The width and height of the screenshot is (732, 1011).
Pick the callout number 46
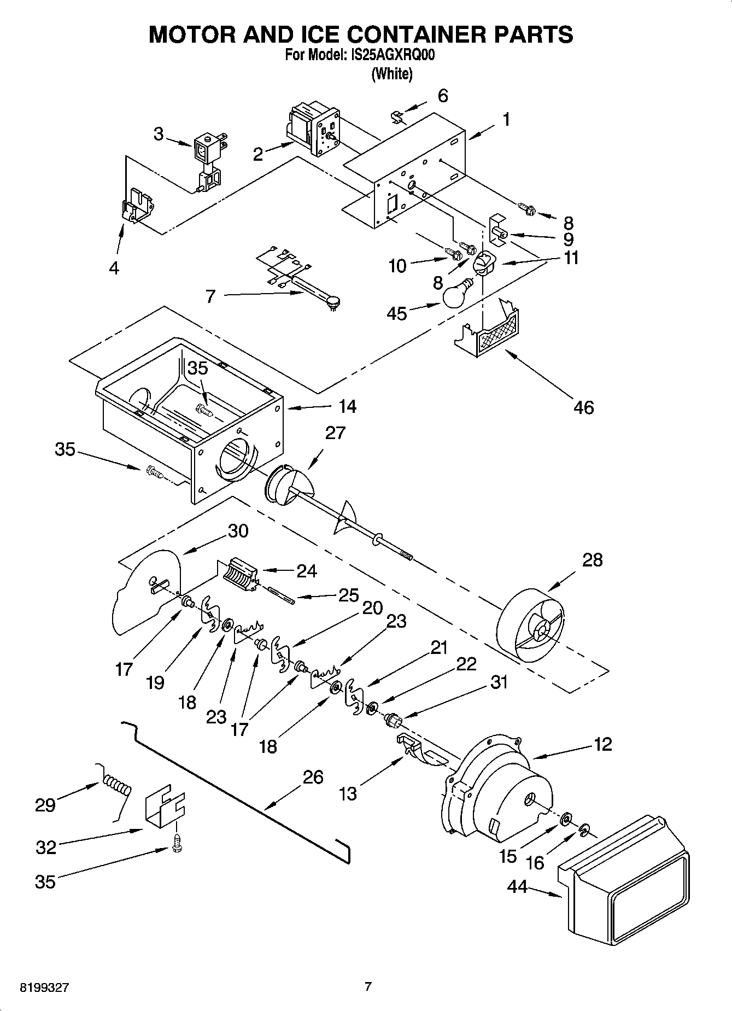pos(583,407)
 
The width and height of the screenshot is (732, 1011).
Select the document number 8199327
pos(44,987)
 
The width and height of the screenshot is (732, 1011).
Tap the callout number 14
pos(347,406)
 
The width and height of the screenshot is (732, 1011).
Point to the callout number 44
pos(517,886)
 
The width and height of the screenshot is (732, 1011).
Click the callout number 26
pos(313,777)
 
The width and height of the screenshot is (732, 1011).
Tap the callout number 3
pos(158,133)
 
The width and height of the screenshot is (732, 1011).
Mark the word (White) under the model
pos(391,73)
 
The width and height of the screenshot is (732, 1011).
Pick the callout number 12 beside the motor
pos(602,744)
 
